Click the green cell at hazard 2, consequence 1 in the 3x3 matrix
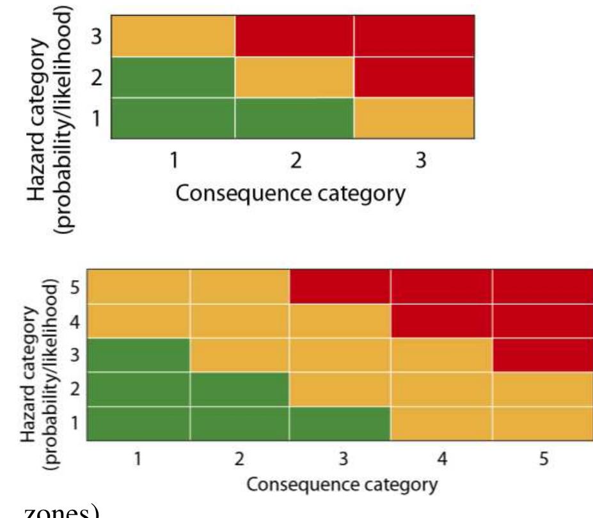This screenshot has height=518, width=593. [x=173, y=77]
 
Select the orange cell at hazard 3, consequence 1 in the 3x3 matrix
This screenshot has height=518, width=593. [x=173, y=36]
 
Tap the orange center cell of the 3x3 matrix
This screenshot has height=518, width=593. [x=294, y=77]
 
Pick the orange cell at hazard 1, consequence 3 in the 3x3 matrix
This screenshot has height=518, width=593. [x=414, y=118]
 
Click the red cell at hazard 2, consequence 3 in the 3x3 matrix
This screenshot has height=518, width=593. [x=414, y=77]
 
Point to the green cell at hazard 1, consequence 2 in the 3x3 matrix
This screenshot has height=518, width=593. [x=294, y=118]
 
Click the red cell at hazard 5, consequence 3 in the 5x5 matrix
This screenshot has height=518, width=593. [x=340, y=286]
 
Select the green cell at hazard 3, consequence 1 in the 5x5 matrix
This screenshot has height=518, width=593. [x=138, y=355]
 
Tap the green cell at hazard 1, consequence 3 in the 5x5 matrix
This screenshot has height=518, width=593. [x=340, y=424]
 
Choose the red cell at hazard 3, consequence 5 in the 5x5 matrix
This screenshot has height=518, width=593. [x=543, y=355]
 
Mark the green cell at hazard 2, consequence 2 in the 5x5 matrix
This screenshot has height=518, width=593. [x=239, y=389]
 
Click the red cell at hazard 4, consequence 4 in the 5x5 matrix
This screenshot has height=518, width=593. [x=442, y=321]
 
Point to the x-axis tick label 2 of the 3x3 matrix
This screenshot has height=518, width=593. [x=296, y=161]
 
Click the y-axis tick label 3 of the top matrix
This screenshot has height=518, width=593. [x=97, y=36]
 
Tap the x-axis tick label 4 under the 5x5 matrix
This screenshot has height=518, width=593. [x=442, y=459]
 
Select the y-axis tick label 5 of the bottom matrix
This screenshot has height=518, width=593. [x=75, y=287]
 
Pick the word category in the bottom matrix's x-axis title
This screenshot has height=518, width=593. [x=403, y=485]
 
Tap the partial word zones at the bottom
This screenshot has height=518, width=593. [x=61, y=512]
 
